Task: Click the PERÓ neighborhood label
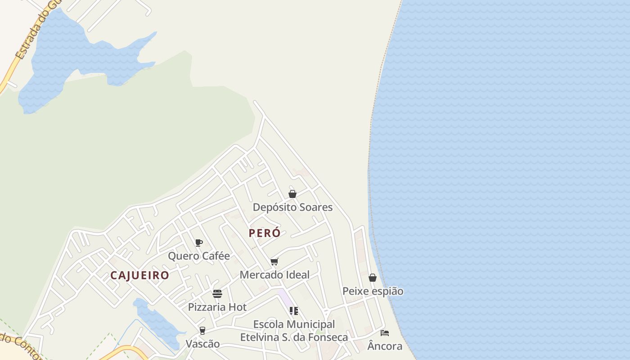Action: pyautogui.click(x=265, y=233)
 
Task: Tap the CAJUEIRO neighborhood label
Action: pyautogui.click(x=139, y=275)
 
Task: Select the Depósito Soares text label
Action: pyautogui.click(x=292, y=207)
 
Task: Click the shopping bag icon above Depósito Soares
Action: pyautogui.click(x=292, y=194)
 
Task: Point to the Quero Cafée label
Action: pyautogui.click(x=198, y=256)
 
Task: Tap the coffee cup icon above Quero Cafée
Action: pyautogui.click(x=199, y=243)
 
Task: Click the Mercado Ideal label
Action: pyautogui.click(x=274, y=274)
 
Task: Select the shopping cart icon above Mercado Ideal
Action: pyautogui.click(x=274, y=262)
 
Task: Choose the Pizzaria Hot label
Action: pyautogui.click(x=217, y=307)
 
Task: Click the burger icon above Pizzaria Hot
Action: pyautogui.click(x=217, y=294)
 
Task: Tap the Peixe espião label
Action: pyautogui.click(x=373, y=291)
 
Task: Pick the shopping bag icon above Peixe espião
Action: pyautogui.click(x=373, y=278)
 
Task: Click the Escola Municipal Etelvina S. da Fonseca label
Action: pyautogui.click(x=294, y=331)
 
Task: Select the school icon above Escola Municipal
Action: pyautogui.click(x=294, y=311)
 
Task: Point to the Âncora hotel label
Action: pyautogui.click(x=385, y=346)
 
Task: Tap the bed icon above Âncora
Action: pyautogui.click(x=385, y=333)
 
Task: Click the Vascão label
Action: pyautogui.click(x=202, y=344)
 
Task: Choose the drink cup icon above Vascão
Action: pyautogui.click(x=202, y=331)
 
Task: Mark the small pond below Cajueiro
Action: pyautogui.click(x=155, y=322)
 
